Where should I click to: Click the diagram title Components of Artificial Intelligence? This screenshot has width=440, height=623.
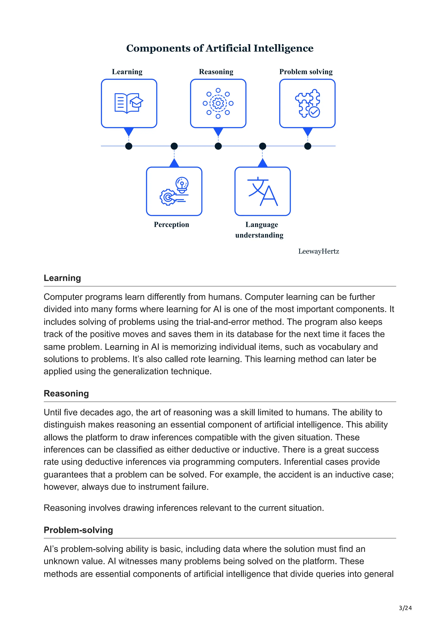click(x=220, y=48)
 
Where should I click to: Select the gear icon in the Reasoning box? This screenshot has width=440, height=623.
click(x=218, y=103)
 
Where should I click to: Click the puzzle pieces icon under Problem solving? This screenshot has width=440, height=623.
click(x=307, y=103)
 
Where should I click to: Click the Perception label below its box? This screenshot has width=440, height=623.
click(x=171, y=225)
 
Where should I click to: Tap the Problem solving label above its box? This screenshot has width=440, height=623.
click(x=306, y=72)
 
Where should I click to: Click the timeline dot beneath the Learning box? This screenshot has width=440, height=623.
click(x=129, y=146)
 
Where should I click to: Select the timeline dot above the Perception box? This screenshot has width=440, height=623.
click(x=174, y=146)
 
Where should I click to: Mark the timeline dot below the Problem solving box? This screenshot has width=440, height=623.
click(x=308, y=146)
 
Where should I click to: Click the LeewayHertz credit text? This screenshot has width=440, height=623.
click(x=319, y=251)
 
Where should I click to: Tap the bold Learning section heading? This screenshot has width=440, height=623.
click(x=62, y=278)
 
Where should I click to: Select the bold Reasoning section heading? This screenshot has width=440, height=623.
click(x=66, y=393)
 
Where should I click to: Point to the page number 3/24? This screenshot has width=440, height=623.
click(x=405, y=608)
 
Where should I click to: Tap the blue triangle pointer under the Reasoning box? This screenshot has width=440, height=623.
click(x=218, y=132)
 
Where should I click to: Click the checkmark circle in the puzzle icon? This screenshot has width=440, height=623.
click(x=315, y=112)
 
